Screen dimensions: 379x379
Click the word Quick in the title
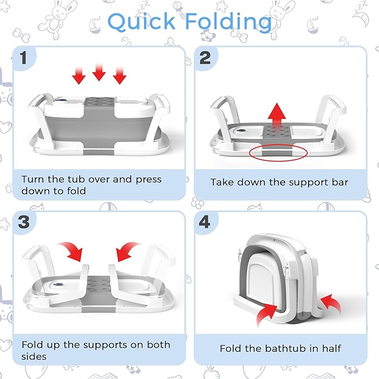point(141,22)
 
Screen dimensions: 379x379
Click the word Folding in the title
point(228,22)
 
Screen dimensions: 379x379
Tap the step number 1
point(23,58)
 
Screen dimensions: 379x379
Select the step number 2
point(205,58)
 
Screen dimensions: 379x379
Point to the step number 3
point(23,222)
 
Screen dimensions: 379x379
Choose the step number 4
point(204,222)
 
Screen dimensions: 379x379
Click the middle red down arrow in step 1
point(99,72)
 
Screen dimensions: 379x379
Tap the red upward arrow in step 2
point(277,115)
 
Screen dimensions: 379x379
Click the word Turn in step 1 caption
point(33,179)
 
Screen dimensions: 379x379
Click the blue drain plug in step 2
point(241,131)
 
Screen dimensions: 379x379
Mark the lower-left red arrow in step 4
point(266,314)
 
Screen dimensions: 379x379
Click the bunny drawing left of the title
point(55,20)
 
